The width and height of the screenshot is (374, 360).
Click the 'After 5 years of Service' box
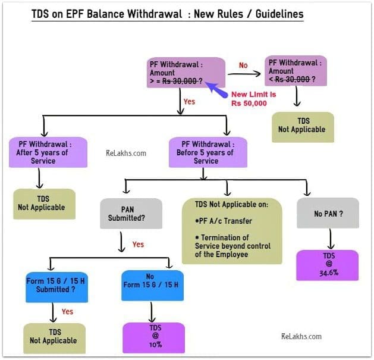pos(48,152)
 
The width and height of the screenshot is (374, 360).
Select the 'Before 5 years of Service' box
pos(208,152)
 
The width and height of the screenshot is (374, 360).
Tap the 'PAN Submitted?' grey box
pos(131,214)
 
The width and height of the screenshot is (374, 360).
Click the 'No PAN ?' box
pos(328,213)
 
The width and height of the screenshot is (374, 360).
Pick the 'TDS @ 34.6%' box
pos(327,265)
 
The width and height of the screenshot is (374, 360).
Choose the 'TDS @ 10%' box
pos(154,338)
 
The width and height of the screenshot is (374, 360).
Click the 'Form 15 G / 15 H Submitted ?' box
pos(56,287)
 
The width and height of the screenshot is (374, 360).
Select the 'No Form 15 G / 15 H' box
pos(152,286)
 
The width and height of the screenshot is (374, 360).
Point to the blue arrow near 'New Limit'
pos(216,90)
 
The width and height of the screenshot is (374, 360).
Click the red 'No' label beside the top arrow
pos(243,65)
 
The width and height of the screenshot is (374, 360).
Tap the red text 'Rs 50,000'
pos(249,104)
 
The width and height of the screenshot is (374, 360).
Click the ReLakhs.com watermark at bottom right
pos(301,336)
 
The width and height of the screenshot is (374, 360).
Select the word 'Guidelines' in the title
pos(279,14)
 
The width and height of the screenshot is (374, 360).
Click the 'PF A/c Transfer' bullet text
pos(224,221)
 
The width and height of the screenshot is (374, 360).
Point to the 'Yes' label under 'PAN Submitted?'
pos(138,245)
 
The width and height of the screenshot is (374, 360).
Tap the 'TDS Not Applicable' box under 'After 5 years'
pos(45,204)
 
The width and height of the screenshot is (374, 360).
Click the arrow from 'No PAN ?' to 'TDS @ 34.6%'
pos(331,239)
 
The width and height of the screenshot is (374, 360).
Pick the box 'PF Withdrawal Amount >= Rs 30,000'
pos(186,73)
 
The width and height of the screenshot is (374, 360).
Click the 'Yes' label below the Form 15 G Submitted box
pos(67,312)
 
